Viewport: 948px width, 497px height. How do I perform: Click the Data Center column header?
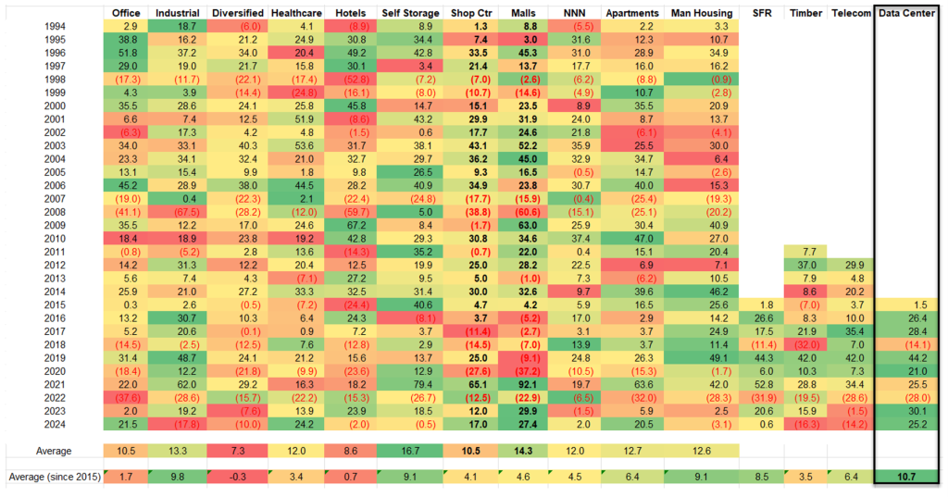click(x=909, y=13)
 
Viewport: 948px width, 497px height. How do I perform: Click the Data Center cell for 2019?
click(x=909, y=357)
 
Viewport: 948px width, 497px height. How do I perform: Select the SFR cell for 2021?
click(x=763, y=383)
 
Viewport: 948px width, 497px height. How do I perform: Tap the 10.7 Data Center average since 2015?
click(x=909, y=477)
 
